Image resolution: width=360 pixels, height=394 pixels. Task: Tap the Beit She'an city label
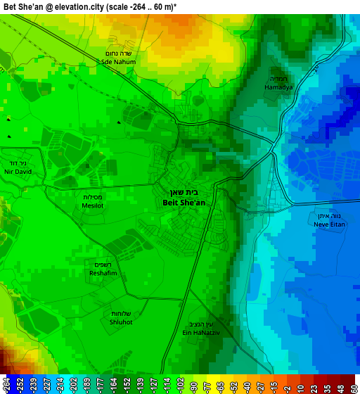(x=184, y=202)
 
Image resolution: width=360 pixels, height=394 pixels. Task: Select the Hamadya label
(x=278, y=87)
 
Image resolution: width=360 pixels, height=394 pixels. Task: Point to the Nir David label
(x=18, y=172)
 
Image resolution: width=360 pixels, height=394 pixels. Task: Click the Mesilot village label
(x=94, y=205)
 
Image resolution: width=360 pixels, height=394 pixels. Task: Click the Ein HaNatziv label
(x=201, y=332)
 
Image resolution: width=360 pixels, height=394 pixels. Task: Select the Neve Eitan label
(x=330, y=224)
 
